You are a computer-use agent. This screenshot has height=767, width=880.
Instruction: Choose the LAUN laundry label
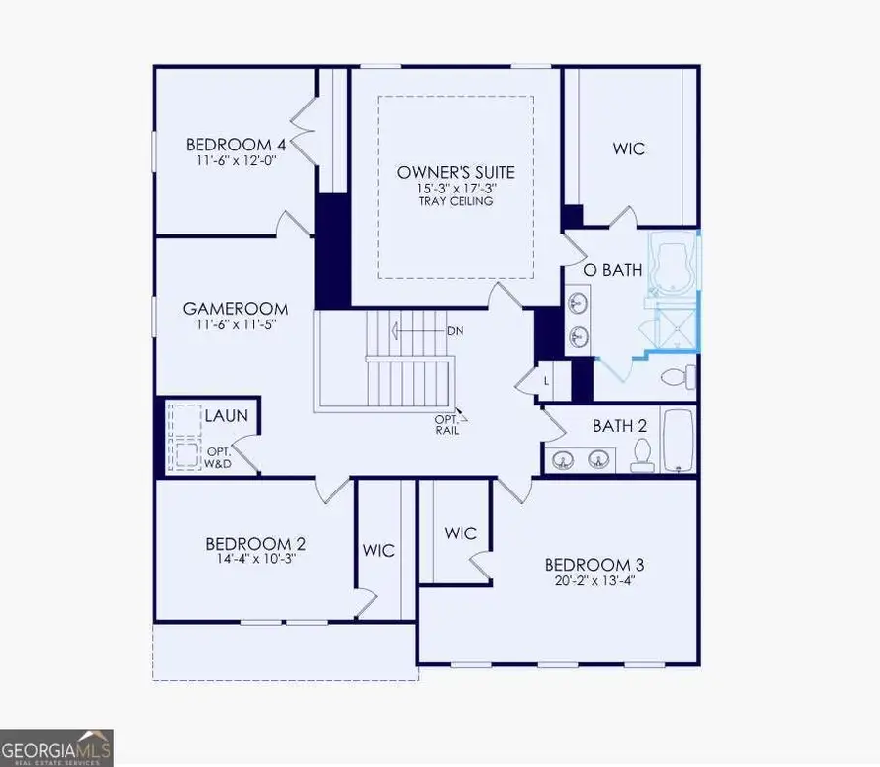tap(225, 416)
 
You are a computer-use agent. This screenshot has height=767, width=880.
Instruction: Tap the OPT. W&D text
tap(217, 457)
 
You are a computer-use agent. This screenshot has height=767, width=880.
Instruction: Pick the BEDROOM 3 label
tap(594, 565)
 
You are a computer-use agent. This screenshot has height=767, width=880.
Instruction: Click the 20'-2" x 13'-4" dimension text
tap(594, 582)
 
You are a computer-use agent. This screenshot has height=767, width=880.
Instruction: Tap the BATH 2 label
tap(620, 426)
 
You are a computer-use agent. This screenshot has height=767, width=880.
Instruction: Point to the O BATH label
tap(613, 270)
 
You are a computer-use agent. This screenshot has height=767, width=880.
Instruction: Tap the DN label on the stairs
tap(455, 330)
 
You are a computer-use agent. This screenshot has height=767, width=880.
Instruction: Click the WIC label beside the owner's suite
tap(630, 149)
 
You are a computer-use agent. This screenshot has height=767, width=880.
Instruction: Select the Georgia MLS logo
tap(57, 747)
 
